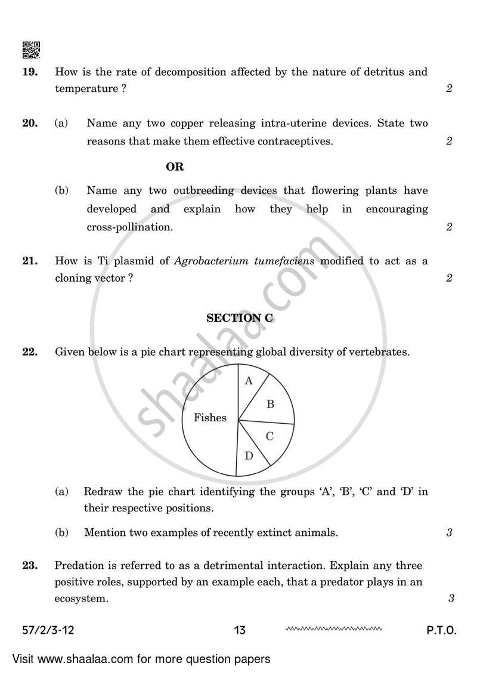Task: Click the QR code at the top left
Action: click(31, 51)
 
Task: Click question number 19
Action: click(30, 72)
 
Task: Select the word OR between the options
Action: click(175, 167)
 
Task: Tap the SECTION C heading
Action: click(240, 318)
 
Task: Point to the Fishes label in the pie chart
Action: click(210, 418)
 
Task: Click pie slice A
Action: click(249, 381)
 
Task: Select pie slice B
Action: click(270, 404)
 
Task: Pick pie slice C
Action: click(270, 436)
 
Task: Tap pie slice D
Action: click(249, 457)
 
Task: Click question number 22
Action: click(30, 352)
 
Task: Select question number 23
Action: click(30, 565)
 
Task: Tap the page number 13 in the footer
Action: click(240, 630)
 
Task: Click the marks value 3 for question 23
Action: click(451, 599)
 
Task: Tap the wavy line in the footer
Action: click(333, 628)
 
